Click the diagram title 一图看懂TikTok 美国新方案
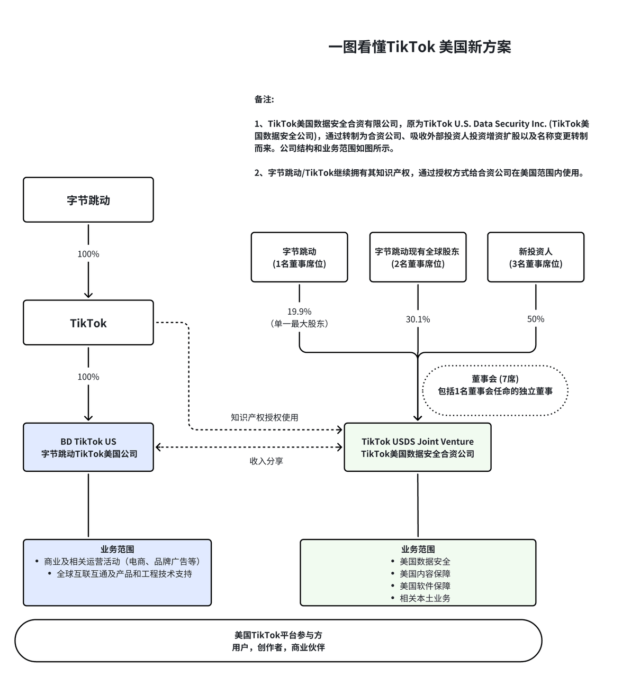click(419, 47)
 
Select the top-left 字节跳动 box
click(88, 200)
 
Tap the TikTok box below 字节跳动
click(88, 323)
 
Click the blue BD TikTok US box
click(88, 447)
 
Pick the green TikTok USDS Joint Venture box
click(418, 447)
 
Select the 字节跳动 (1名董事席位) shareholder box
click(299, 258)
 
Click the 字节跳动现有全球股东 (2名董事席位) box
click(418, 258)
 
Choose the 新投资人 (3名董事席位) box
click(536, 258)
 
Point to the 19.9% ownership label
click(299, 312)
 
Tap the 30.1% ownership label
click(418, 319)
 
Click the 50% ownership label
click(536, 319)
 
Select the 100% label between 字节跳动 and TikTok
click(88, 254)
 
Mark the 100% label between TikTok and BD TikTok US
click(88, 377)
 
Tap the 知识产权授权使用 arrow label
click(264, 417)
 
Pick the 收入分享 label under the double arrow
click(266, 461)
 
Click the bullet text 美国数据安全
click(425, 562)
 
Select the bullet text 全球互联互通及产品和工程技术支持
click(124, 574)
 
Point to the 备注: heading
click(264, 99)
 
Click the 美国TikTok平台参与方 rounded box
click(278, 641)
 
